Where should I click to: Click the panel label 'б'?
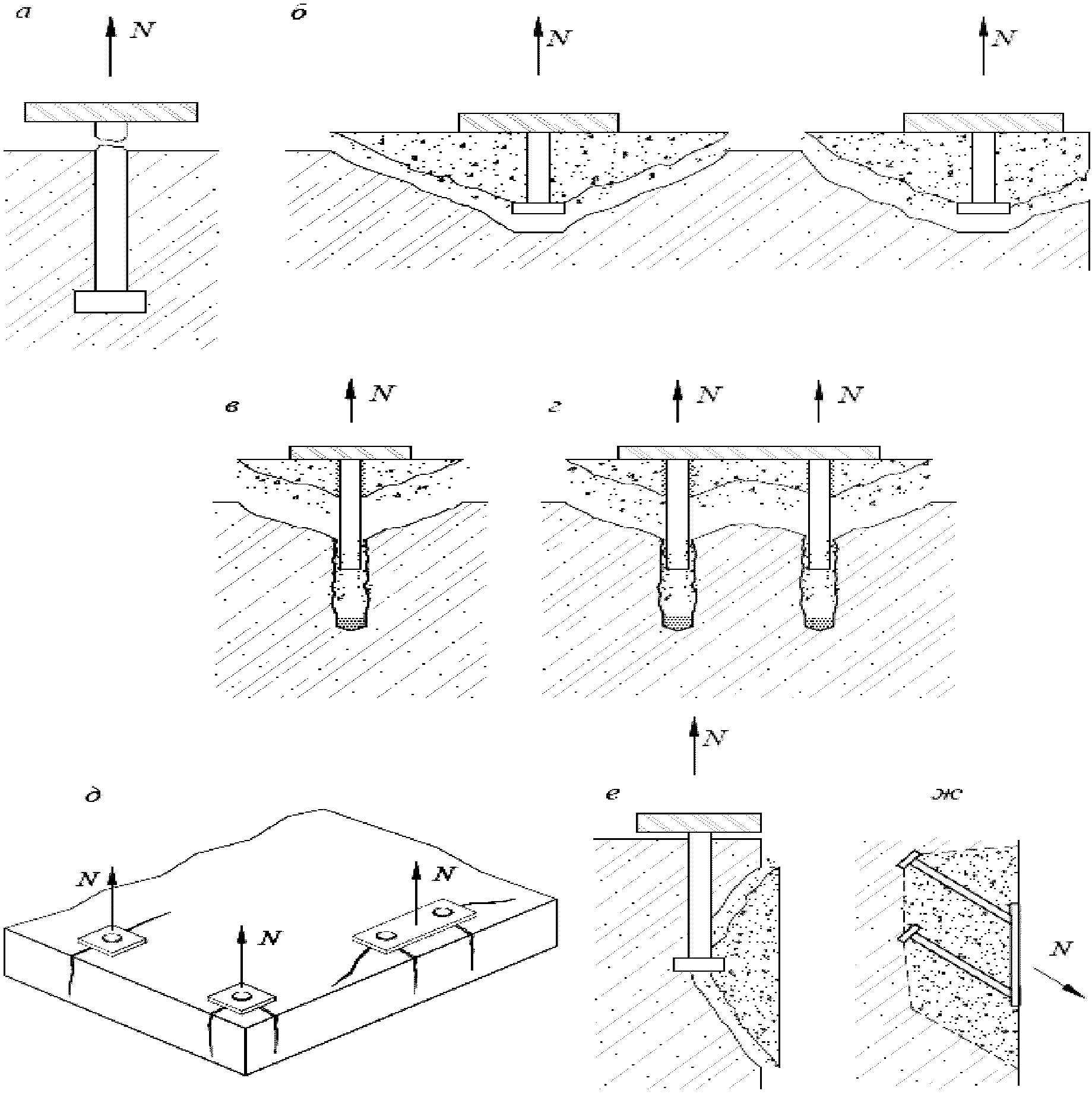coord(297,13)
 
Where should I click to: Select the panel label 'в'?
coord(232,407)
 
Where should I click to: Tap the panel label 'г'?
coord(555,407)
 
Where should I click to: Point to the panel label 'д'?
coord(93,794)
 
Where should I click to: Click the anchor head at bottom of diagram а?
coord(110,302)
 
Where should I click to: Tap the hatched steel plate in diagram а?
coord(111,112)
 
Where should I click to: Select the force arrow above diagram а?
coord(110,47)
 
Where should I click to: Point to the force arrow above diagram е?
coord(694,745)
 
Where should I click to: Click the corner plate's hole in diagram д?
coord(242,995)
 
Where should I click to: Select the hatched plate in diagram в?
coord(350,452)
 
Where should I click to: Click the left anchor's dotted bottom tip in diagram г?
coord(677,623)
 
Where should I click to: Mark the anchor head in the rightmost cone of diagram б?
coord(983,208)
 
